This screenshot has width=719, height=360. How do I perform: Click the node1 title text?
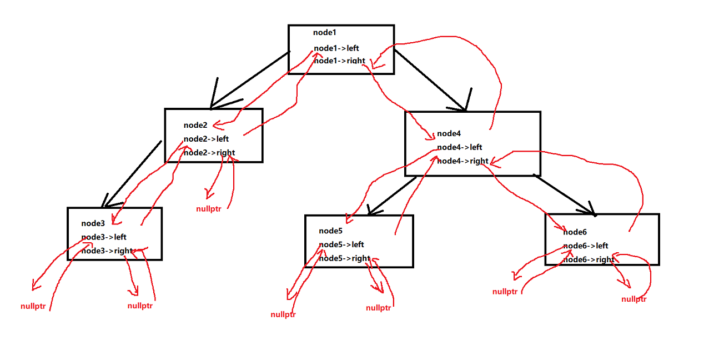point(324,33)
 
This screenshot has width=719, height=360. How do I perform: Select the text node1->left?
point(336,48)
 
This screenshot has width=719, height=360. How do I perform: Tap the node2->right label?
point(209,153)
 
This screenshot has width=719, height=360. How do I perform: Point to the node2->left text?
point(206,139)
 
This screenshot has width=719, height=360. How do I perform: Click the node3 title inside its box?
point(93,223)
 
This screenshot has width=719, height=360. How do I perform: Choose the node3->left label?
point(104,237)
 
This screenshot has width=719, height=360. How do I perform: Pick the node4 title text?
point(449,133)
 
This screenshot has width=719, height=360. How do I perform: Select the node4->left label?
point(460,147)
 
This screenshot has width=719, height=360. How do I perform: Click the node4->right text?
point(462,161)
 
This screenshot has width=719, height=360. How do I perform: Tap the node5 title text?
point(330,231)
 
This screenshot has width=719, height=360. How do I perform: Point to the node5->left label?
point(341,244)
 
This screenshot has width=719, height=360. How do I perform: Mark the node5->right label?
point(344,258)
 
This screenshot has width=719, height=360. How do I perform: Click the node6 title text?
point(575,232)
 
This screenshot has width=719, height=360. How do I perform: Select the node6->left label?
point(586,246)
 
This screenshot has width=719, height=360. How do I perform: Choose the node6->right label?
point(589,259)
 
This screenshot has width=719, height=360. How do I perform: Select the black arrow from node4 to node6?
point(564,194)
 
